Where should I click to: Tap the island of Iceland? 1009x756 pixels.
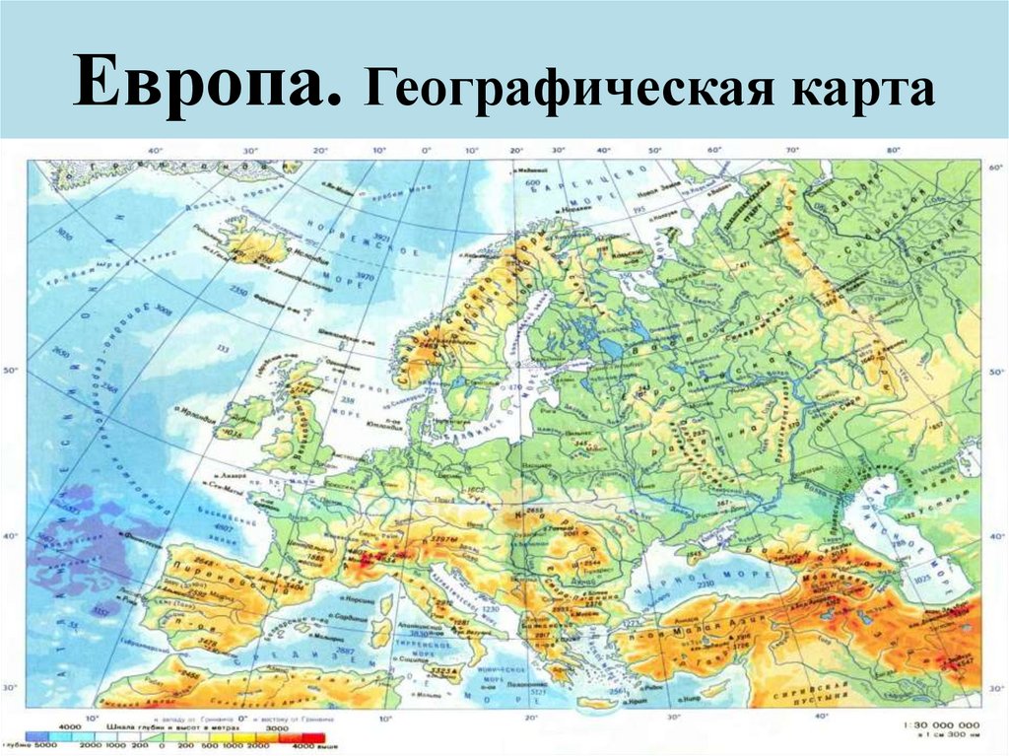251,241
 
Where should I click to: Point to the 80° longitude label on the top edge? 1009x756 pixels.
893,150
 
